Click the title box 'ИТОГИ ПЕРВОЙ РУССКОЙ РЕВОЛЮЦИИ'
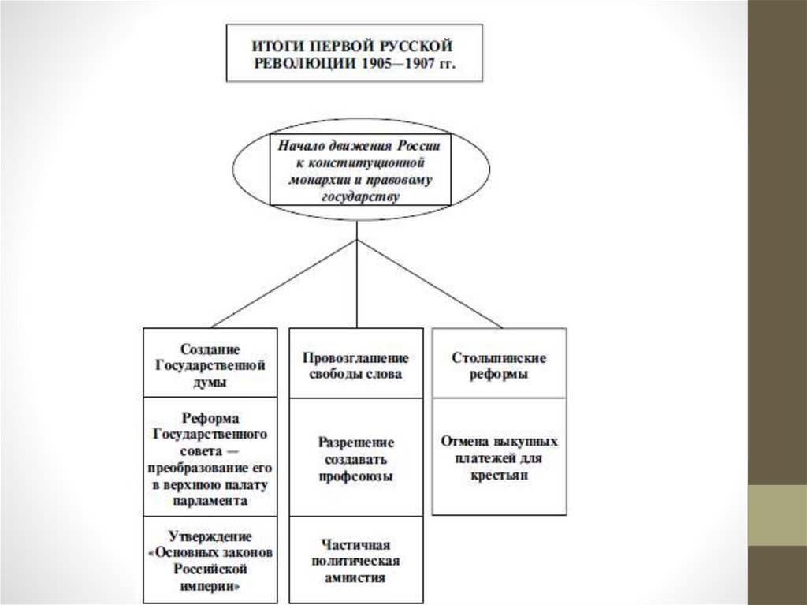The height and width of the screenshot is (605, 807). pos(352,52)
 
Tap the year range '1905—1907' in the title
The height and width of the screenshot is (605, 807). pos(391,63)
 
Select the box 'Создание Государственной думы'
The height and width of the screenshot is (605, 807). pos(210,363)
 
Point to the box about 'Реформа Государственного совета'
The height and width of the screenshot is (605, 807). pos(210,457)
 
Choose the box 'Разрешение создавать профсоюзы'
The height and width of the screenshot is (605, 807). pos(355,458)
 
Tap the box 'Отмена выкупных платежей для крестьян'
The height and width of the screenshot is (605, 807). pos(499,457)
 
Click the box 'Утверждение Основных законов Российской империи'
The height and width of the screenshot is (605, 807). pos(210,559)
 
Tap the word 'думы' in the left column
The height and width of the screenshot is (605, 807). pos(210,383)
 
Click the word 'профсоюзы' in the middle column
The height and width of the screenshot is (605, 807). pos(356,476)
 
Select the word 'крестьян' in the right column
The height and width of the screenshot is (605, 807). pos(500,476)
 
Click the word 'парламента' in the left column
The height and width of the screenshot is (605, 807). pos(210,500)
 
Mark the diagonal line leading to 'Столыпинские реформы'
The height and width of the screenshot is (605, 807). pos(430,282)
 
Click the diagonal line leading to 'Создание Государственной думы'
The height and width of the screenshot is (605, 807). pos(284,282)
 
